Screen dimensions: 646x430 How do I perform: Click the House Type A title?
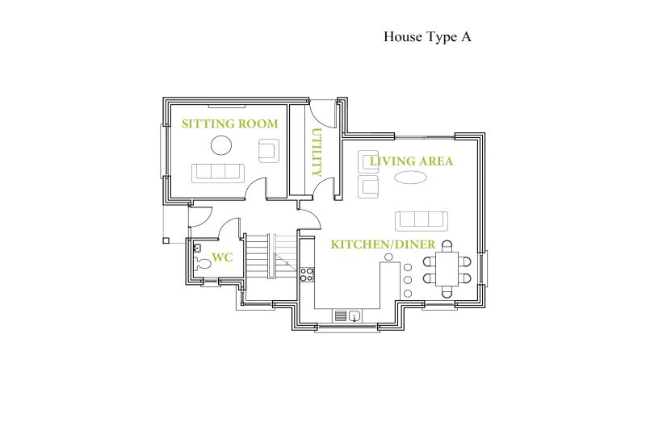(x=427, y=37)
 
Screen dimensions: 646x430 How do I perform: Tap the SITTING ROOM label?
(x=230, y=123)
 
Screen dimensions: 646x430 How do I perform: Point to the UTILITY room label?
(x=317, y=152)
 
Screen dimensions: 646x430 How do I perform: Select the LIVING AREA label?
(x=411, y=161)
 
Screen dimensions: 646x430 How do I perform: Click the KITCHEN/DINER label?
(x=383, y=244)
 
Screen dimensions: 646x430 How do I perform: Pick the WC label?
(x=223, y=257)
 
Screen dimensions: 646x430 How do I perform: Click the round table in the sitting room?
(x=221, y=145)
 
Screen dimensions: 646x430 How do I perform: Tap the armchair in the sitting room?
(x=269, y=151)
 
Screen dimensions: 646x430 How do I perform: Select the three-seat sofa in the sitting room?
(x=218, y=173)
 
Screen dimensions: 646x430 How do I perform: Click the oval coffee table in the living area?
(x=410, y=177)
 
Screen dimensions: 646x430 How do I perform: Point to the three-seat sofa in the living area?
(x=422, y=221)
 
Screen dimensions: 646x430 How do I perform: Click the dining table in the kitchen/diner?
(x=447, y=269)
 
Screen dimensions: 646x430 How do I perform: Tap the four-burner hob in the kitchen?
(x=307, y=274)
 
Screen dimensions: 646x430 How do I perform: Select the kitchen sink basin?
(x=354, y=316)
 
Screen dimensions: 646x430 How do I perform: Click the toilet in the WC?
(x=201, y=263)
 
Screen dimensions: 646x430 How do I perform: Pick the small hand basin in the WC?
(x=197, y=248)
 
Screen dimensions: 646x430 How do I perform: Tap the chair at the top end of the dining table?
(x=447, y=246)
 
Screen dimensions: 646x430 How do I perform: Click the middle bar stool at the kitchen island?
(x=408, y=280)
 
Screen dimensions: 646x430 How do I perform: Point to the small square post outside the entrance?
(x=166, y=240)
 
